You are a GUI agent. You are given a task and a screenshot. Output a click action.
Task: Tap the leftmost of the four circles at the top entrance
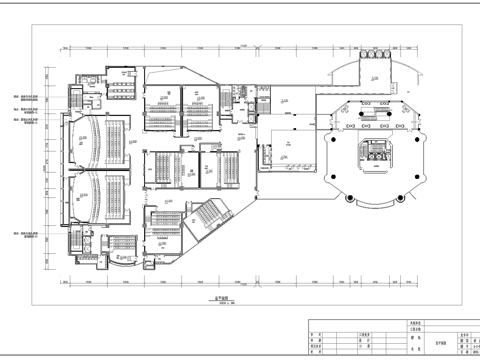coord(366,58)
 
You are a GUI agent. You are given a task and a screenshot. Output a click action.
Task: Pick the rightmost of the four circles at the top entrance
coord(384,58)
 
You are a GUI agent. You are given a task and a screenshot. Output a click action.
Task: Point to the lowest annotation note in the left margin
coord(30,236)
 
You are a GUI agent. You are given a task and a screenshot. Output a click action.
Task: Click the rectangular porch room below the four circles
coord(375,74)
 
